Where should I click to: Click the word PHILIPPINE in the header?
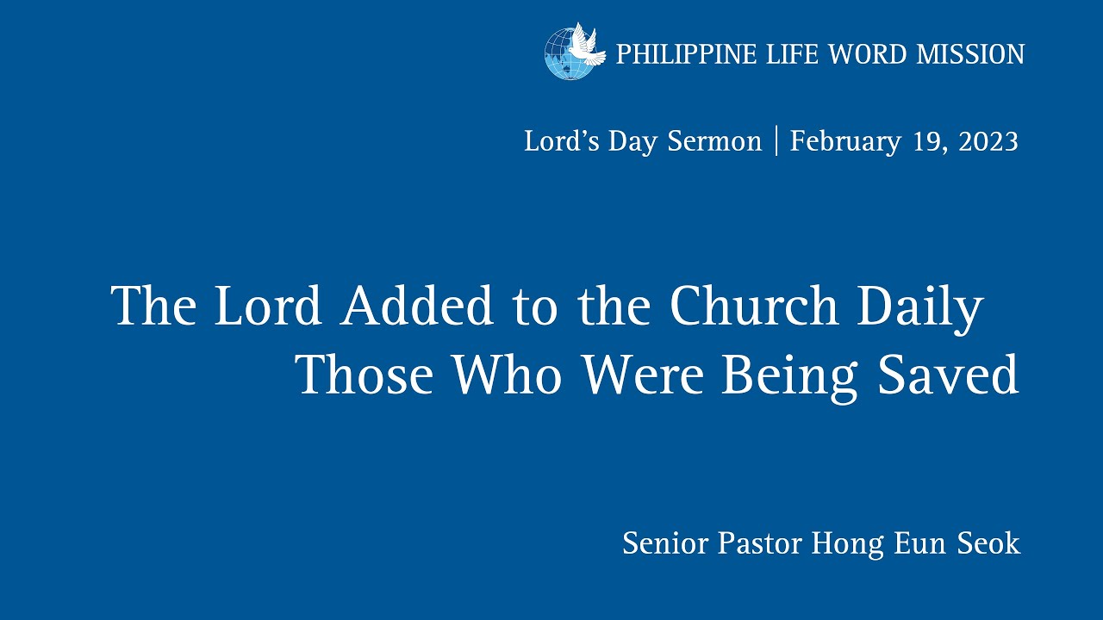pos(686,54)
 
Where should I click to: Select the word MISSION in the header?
pos(970,54)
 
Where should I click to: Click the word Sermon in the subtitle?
pos(714,142)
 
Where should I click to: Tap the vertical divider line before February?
pos(776,140)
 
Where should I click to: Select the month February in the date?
pos(845,143)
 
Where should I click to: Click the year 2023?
pos(988,142)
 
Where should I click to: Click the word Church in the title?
pos(754,305)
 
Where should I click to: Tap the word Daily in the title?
pos(920,307)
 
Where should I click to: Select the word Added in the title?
pos(416,305)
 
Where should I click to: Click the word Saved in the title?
pos(949,374)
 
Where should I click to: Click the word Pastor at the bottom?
pos(760,543)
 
